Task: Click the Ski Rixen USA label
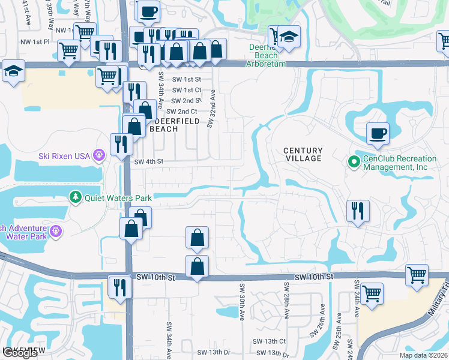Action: click(x=64, y=155)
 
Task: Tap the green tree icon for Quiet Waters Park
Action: click(x=75, y=196)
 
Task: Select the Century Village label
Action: click(x=303, y=154)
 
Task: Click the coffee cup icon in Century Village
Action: click(x=378, y=133)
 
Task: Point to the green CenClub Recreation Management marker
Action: click(x=354, y=161)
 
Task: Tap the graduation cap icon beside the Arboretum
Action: click(x=289, y=37)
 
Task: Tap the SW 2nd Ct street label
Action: click(x=182, y=112)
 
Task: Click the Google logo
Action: click(x=20, y=353)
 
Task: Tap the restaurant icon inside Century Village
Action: click(x=358, y=211)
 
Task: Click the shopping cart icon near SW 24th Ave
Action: click(x=372, y=294)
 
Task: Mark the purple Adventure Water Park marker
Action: click(x=56, y=230)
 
